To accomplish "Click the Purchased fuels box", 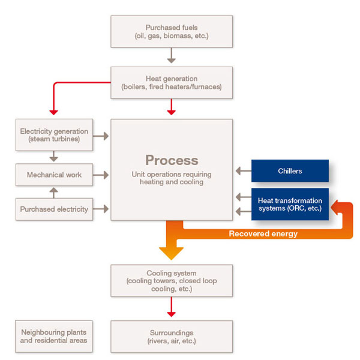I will coord(171,32).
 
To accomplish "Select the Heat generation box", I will coord(171,82).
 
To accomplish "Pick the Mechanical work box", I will coord(54,175).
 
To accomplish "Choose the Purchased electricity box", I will coord(54,209).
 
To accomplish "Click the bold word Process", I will coord(172,160).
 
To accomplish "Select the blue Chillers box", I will coord(290,171).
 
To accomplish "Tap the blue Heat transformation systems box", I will coord(290,205).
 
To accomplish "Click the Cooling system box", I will coord(171,281).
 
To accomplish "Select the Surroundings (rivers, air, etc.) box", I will coord(171,336).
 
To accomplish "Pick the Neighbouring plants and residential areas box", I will coord(54,336).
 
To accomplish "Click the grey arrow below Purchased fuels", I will coord(171,56).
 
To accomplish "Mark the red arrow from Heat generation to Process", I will coord(171,106).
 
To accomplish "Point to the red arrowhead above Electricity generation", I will coord(53,111).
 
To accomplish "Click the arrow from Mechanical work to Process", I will coord(101,175).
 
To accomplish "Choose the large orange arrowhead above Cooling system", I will coord(171,251).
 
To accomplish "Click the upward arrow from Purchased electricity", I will coord(53,192).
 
